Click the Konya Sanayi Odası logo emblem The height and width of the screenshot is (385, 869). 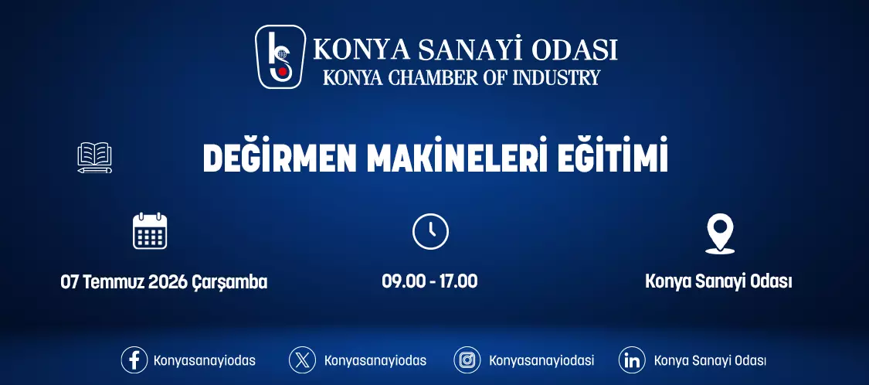click(280, 56)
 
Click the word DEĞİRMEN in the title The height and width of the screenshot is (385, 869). click(280, 158)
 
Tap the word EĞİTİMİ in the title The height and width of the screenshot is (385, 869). click(613, 158)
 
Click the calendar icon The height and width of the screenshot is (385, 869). click(150, 231)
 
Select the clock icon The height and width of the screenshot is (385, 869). click(430, 231)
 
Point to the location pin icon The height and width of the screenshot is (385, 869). click(719, 234)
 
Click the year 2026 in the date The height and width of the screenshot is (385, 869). click(168, 282)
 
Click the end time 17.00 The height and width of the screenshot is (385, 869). click(458, 281)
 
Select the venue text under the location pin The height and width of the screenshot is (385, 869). click(719, 282)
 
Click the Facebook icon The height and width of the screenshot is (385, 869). click(134, 360)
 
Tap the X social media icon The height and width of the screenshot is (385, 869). click(302, 360)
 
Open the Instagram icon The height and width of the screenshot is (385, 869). click(467, 360)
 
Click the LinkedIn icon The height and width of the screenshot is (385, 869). click(632, 360)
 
